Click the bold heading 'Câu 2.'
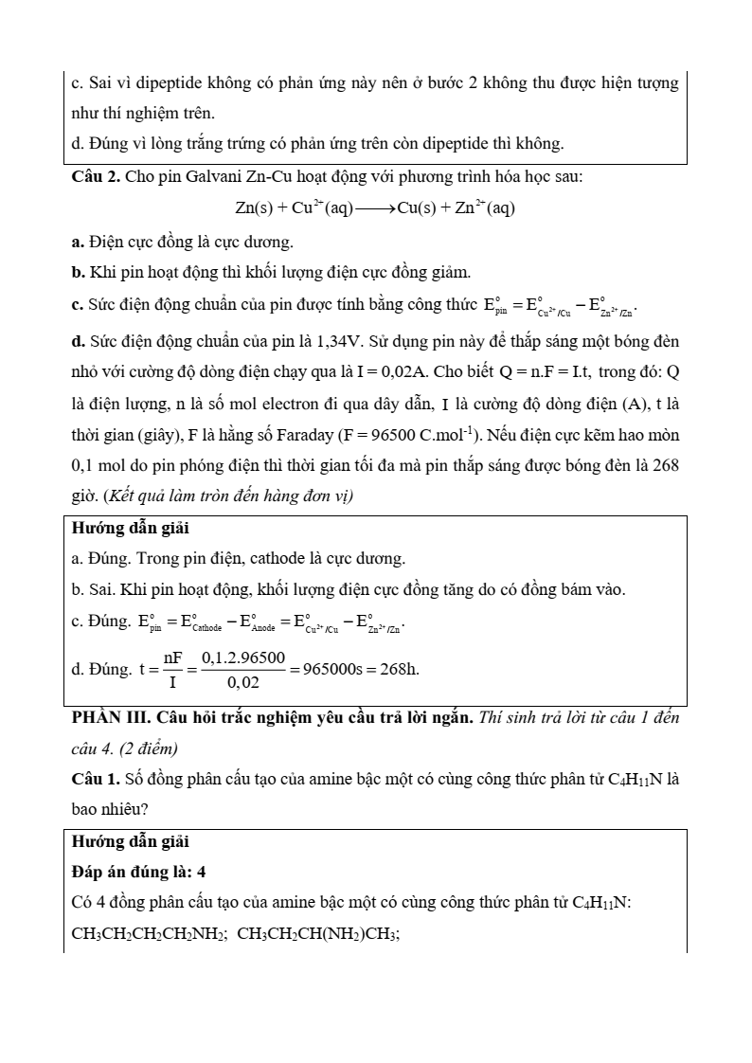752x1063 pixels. tap(96, 176)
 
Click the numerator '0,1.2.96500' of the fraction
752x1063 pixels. tap(242, 658)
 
